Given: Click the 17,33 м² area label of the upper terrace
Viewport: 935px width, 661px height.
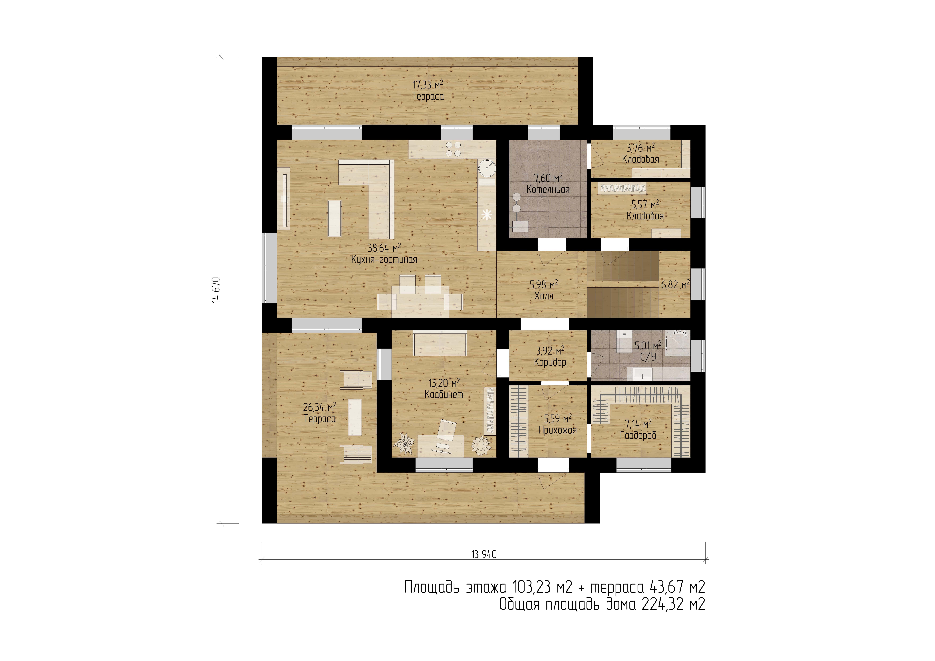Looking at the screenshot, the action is (428, 85).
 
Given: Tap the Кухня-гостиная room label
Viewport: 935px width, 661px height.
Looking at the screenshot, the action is (384, 259).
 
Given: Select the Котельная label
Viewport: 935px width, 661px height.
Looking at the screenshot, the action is (548, 189).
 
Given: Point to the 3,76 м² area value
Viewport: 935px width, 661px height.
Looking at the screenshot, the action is (641, 147).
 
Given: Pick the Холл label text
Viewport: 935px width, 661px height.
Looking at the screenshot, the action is (544, 296).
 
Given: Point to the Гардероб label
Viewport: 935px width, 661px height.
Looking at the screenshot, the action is (638, 436).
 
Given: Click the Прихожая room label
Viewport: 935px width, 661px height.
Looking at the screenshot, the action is (557, 430).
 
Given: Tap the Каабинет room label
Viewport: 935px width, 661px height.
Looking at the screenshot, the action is (444, 395).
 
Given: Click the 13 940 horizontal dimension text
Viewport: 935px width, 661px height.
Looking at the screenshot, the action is (484, 554).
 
